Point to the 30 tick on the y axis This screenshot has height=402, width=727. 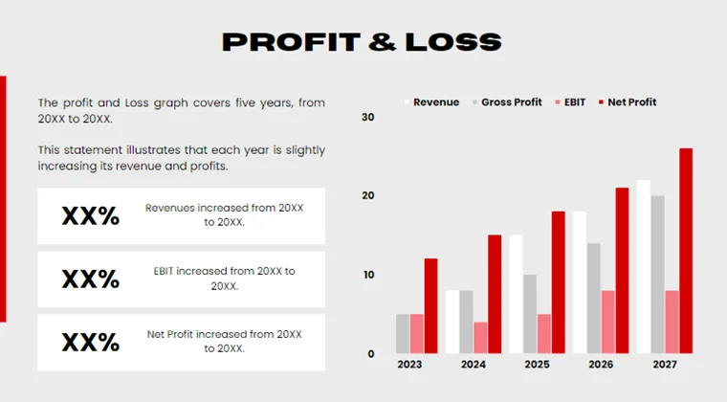pyautogui.click(x=368, y=117)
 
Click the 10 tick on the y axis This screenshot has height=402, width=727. pyautogui.click(x=368, y=275)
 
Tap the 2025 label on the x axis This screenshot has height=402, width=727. pyautogui.click(x=537, y=364)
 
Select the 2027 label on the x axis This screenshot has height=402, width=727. pyautogui.click(x=665, y=364)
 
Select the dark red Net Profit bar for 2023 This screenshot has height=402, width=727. pyautogui.click(x=430, y=305)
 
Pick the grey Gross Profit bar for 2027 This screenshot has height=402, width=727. pyautogui.click(x=657, y=274)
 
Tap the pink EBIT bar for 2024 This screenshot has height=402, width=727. pyautogui.click(x=480, y=337)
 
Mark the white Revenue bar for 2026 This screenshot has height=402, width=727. pyautogui.click(x=580, y=281)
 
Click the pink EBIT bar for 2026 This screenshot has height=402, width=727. pyautogui.click(x=608, y=322)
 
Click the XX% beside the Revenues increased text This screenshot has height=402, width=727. pyautogui.click(x=91, y=216)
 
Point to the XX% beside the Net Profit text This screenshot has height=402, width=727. pyautogui.click(x=91, y=343)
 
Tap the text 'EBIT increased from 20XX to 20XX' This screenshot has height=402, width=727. pyautogui.click(x=224, y=279)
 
